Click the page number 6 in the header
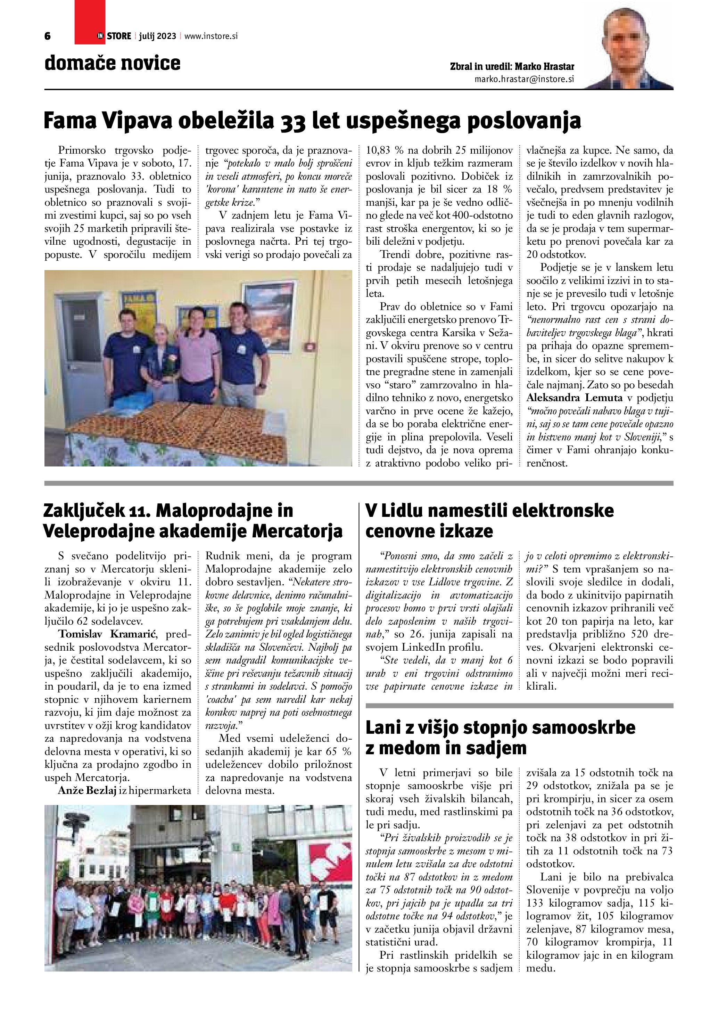click(x=48, y=36)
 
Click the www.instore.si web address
click(x=211, y=36)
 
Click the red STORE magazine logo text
click(x=118, y=36)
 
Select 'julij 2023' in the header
click(x=157, y=36)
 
